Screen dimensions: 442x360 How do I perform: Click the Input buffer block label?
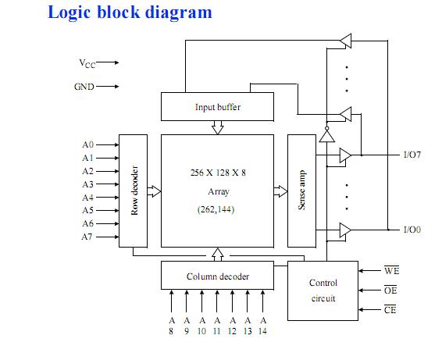218,107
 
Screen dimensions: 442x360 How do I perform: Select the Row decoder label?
135,191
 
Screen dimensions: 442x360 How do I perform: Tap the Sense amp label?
302,190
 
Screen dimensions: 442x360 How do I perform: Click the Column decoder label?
218,276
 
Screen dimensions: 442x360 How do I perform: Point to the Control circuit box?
323,290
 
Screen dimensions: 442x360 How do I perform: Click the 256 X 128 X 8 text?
218,173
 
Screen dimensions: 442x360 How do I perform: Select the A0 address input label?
87,144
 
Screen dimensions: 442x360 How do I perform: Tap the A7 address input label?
87,237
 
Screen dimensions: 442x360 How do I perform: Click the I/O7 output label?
412,155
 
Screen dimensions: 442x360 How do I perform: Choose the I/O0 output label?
412,230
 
